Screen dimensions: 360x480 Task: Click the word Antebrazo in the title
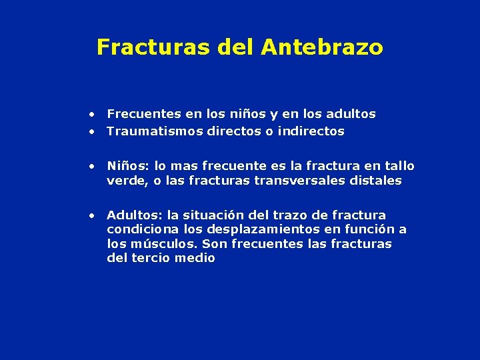click(x=322, y=47)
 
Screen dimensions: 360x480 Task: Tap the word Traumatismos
click(x=150, y=131)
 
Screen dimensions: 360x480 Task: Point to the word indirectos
click(x=311, y=131)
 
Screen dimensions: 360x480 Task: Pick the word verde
click(x=124, y=181)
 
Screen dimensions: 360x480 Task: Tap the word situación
click(x=215, y=215)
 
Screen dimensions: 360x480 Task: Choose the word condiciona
click(x=139, y=230)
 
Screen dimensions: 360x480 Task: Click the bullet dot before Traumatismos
click(x=94, y=132)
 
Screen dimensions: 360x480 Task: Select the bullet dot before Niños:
click(x=94, y=166)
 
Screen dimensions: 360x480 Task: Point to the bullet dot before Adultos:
click(x=94, y=216)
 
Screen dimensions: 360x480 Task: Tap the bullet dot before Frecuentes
click(x=94, y=115)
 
